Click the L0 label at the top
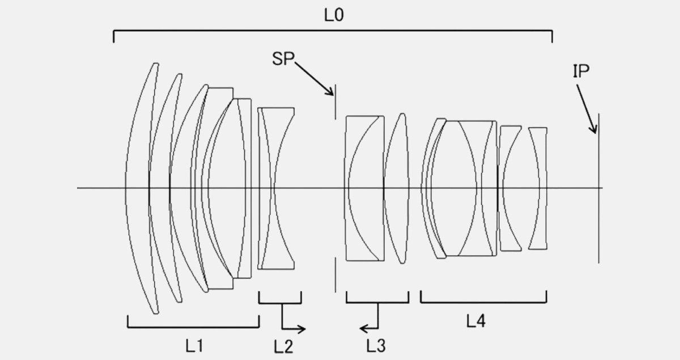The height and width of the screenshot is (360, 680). click(x=334, y=15)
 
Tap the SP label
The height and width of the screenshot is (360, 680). click(x=283, y=58)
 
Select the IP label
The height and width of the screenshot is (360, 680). click(x=581, y=71)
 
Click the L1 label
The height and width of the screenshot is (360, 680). click(x=194, y=346)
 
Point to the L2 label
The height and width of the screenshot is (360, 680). click(x=283, y=346)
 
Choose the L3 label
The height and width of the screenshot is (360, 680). click(x=376, y=346)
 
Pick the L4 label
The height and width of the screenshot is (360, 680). click(x=476, y=321)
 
